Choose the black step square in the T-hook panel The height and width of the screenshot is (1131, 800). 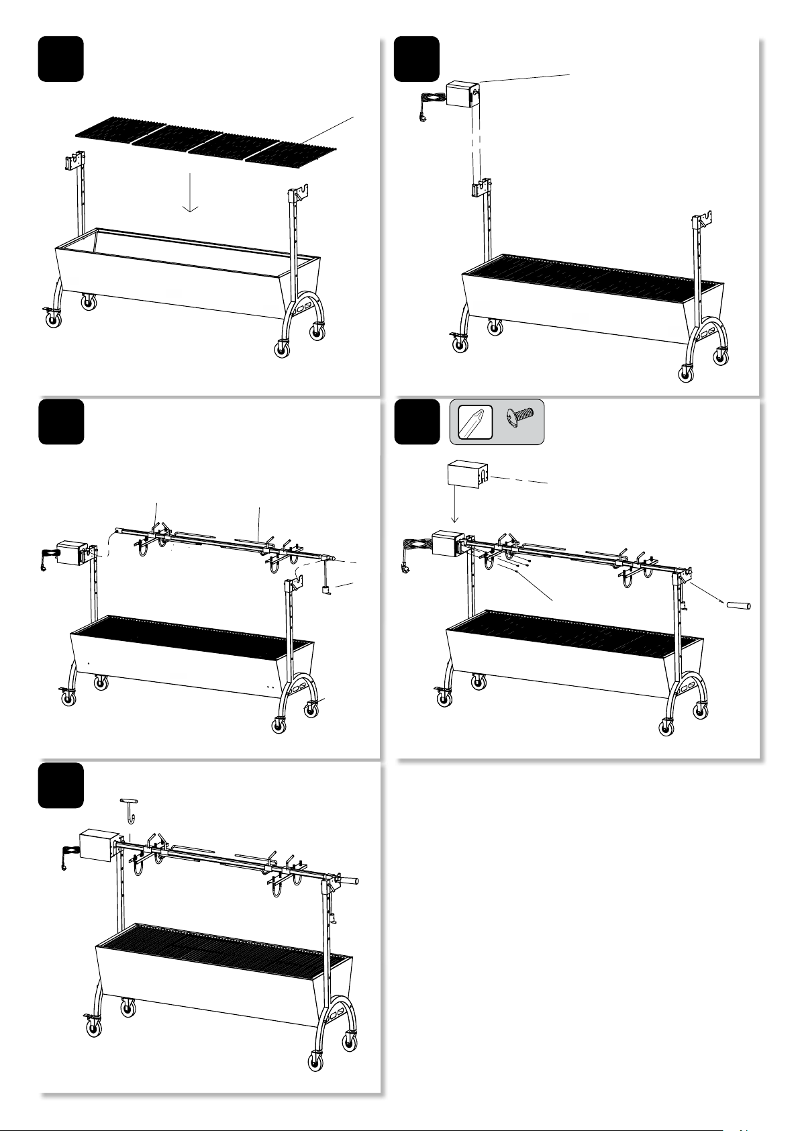coord(61,785)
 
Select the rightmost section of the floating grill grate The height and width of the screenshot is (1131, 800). coord(290,151)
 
